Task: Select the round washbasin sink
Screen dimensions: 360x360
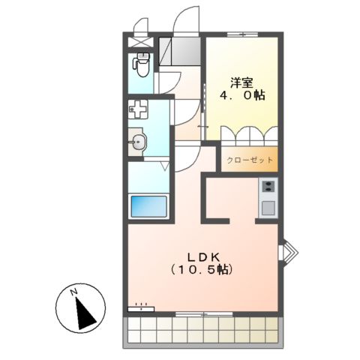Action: (138, 142)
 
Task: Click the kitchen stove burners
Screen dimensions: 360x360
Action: (268, 187)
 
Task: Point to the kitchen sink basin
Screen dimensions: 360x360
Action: (268, 207)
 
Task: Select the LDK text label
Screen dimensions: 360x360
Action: (199, 253)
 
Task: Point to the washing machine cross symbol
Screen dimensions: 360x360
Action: (139, 110)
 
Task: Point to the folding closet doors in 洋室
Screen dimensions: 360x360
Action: (247, 136)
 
